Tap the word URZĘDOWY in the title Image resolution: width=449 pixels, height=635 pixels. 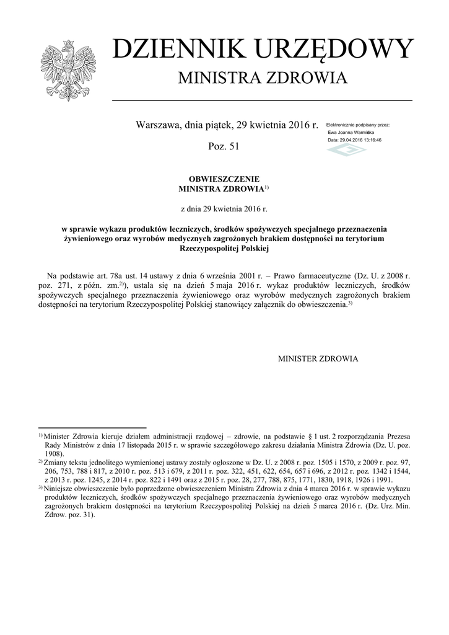(x=323, y=50)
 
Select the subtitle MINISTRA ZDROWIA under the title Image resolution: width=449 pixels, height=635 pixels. (x=263, y=79)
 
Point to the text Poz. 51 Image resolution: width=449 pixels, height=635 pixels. (x=224, y=146)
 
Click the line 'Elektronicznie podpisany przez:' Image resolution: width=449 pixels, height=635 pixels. (x=358, y=125)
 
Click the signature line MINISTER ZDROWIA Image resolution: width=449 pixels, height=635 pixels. (x=318, y=358)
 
